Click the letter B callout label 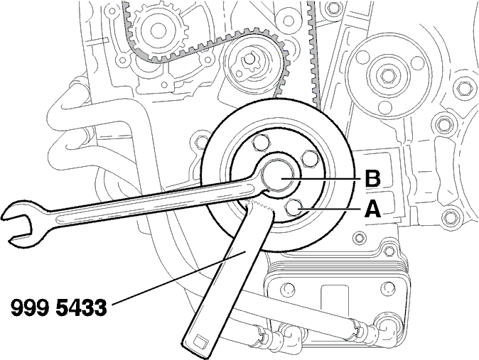[x=372, y=179]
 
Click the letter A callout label [x=372, y=209]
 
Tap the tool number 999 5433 [x=59, y=307]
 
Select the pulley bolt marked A [x=294, y=209]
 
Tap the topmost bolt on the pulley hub [x=261, y=142]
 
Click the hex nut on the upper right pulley [x=388, y=75]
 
